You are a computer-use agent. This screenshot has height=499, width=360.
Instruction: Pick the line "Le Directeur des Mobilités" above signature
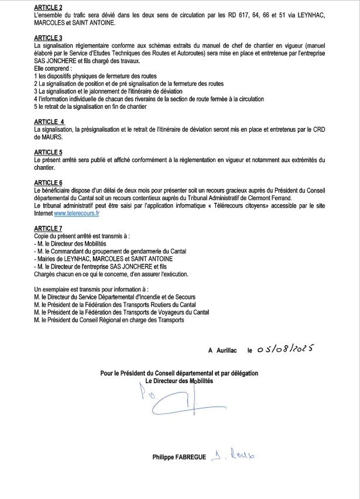[x=179, y=381]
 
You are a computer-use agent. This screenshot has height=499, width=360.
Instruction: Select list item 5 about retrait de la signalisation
[x=90, y=107]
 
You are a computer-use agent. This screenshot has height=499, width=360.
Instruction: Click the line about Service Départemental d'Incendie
[x=115, y=297]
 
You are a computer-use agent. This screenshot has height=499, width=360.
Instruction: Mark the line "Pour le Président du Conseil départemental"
[x=179, y=373]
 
